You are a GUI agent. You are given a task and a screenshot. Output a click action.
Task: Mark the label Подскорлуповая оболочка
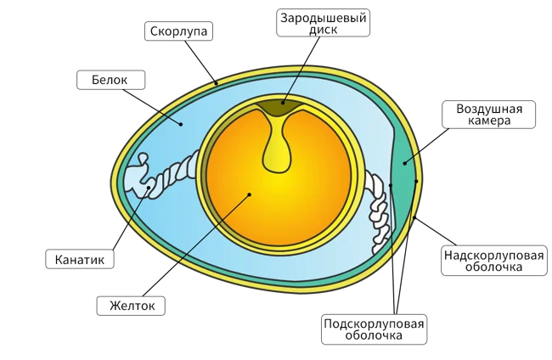tap(375, 328)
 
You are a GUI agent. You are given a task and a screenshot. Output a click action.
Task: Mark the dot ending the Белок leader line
tap(181, 123)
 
